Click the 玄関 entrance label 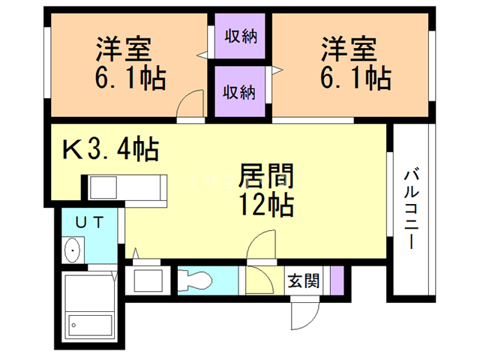[303, 280]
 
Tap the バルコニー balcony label [411, 208]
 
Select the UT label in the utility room [90, 223]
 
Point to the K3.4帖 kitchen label [111, 148]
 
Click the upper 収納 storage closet [240, 36]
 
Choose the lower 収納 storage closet [240, 91]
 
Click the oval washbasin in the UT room [73, 250]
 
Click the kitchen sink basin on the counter [103, 187]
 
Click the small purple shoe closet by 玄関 [337, 280]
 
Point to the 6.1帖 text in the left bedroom [130, 78]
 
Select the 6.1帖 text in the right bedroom [355, 78]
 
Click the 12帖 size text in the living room [266, 205]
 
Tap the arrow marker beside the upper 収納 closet [202, 55]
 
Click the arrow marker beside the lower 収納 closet [277, 70]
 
